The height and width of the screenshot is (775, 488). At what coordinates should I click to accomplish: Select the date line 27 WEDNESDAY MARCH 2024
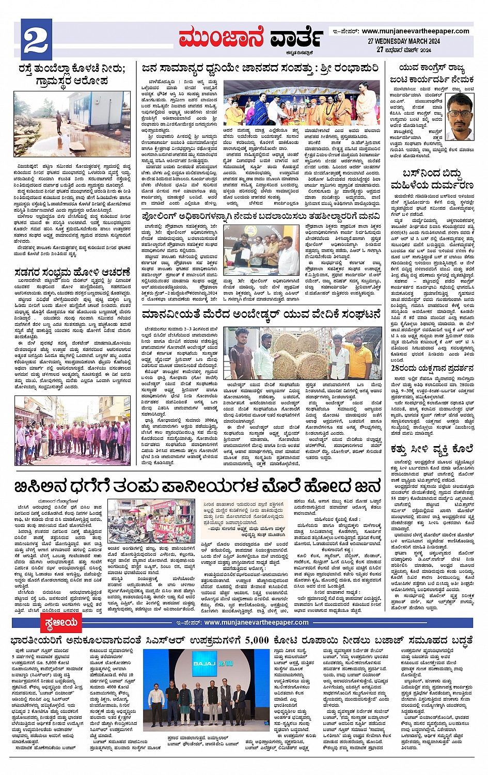(404, 41)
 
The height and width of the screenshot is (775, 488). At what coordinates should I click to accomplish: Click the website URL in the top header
(415, 31)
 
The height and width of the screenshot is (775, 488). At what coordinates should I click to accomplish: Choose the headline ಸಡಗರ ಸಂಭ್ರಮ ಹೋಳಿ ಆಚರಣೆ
(72, 272)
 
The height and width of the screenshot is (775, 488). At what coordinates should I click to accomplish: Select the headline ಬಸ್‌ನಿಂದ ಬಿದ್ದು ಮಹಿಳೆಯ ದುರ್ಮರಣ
(437, 179)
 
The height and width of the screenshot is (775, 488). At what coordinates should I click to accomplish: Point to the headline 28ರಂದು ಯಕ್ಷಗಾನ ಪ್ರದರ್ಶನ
(432, 368)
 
